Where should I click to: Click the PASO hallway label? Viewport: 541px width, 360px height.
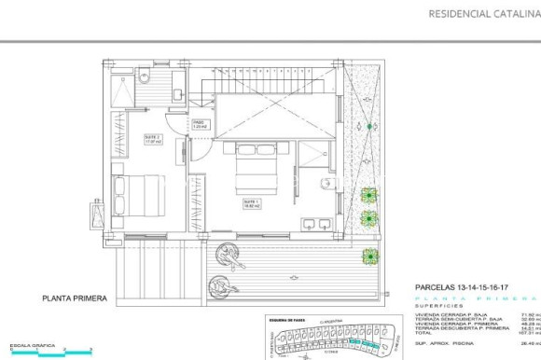point(199,123)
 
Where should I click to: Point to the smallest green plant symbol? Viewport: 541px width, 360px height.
point(370,125)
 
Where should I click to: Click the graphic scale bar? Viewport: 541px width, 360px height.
point(47,350)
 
